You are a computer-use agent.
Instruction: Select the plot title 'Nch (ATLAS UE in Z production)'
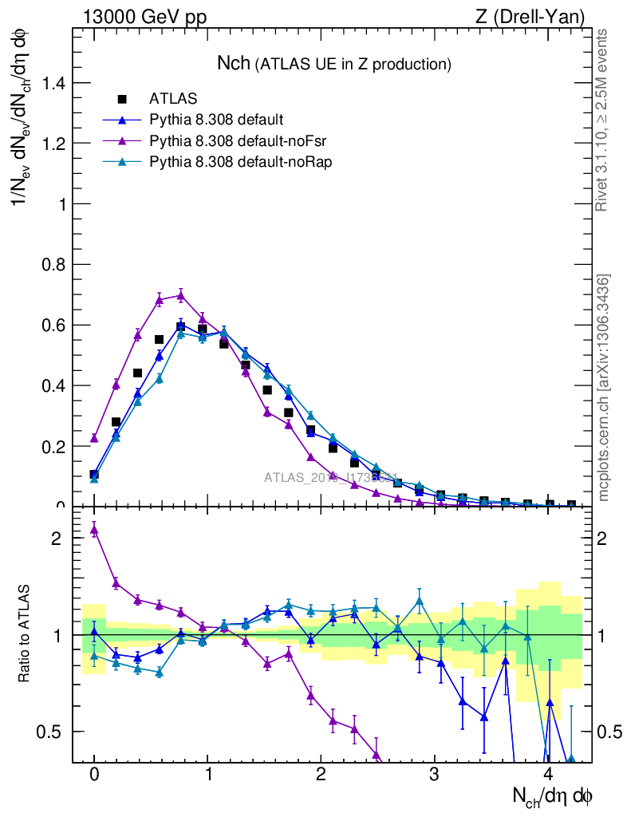[x=334, y=63]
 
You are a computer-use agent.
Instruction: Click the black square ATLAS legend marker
[x=122, y=100]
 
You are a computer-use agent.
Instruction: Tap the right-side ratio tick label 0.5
[x=609, y=732]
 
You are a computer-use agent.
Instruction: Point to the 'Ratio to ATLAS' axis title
[x=26, y=634]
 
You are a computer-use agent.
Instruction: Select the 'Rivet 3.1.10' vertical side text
[x=603, y=120]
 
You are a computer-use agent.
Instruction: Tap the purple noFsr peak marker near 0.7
[x=181, y=295]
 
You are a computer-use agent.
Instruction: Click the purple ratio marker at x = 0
[x=94, y=529]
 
